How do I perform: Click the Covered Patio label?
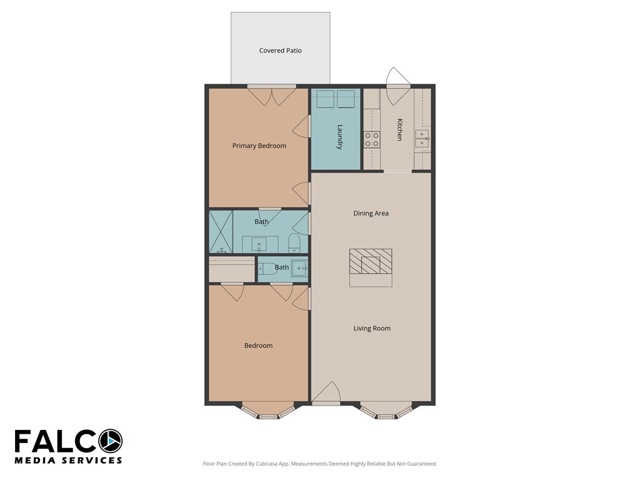tap(280, 51)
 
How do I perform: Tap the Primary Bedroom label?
tap(259, 146)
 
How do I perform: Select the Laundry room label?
tap(339, 137)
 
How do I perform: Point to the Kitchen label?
tap(399, 129)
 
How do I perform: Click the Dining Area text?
tap(371, 213)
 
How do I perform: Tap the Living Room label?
tap(372, 328)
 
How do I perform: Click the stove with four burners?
tap(372, 139)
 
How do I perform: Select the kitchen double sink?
tap(422, 139)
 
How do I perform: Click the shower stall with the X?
tap(221, 232)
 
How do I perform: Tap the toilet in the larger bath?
tap(294, 244)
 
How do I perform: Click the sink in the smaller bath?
tap(299, 268)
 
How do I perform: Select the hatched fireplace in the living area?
tap(371, 261)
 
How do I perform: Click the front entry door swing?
tap(326, 393)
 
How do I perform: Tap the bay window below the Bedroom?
tap(267, 411)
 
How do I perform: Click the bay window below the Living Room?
tap(386, 411)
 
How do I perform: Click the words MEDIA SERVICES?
tap(68, 461)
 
